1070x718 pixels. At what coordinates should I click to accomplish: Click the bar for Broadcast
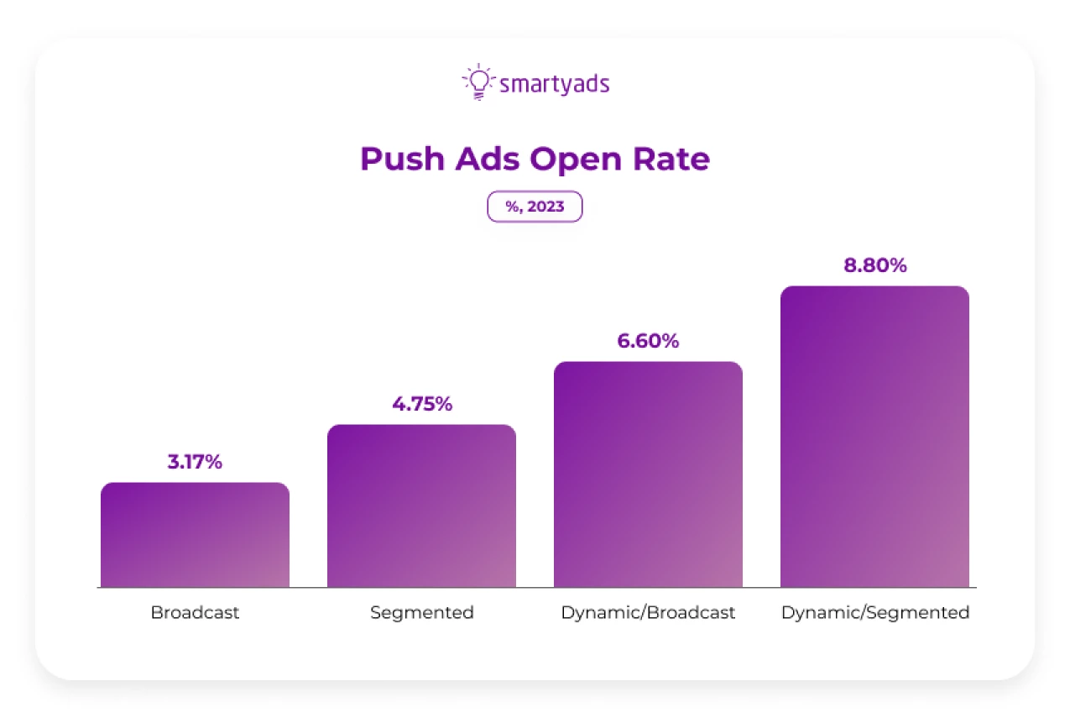coord(195,535)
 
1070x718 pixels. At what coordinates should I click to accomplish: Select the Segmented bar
coord(421,506)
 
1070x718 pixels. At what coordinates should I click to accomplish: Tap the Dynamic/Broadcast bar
coord(648,474)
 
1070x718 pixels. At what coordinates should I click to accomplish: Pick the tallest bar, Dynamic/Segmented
coord(874,437)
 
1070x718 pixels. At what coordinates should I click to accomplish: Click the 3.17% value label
coord(195,462)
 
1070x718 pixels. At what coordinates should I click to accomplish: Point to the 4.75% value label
coord(422,404)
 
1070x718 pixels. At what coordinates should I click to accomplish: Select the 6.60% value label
coord(648,341)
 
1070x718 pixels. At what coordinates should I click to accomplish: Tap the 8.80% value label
coord(875,265)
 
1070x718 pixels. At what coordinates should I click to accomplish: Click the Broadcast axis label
coord(195,612)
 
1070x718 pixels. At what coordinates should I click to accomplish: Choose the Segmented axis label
coord(422,612)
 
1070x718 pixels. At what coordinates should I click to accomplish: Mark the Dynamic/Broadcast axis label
coord(648,612)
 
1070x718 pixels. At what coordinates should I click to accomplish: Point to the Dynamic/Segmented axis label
coord(875,612)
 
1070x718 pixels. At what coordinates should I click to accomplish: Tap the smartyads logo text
coord(554,84)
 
